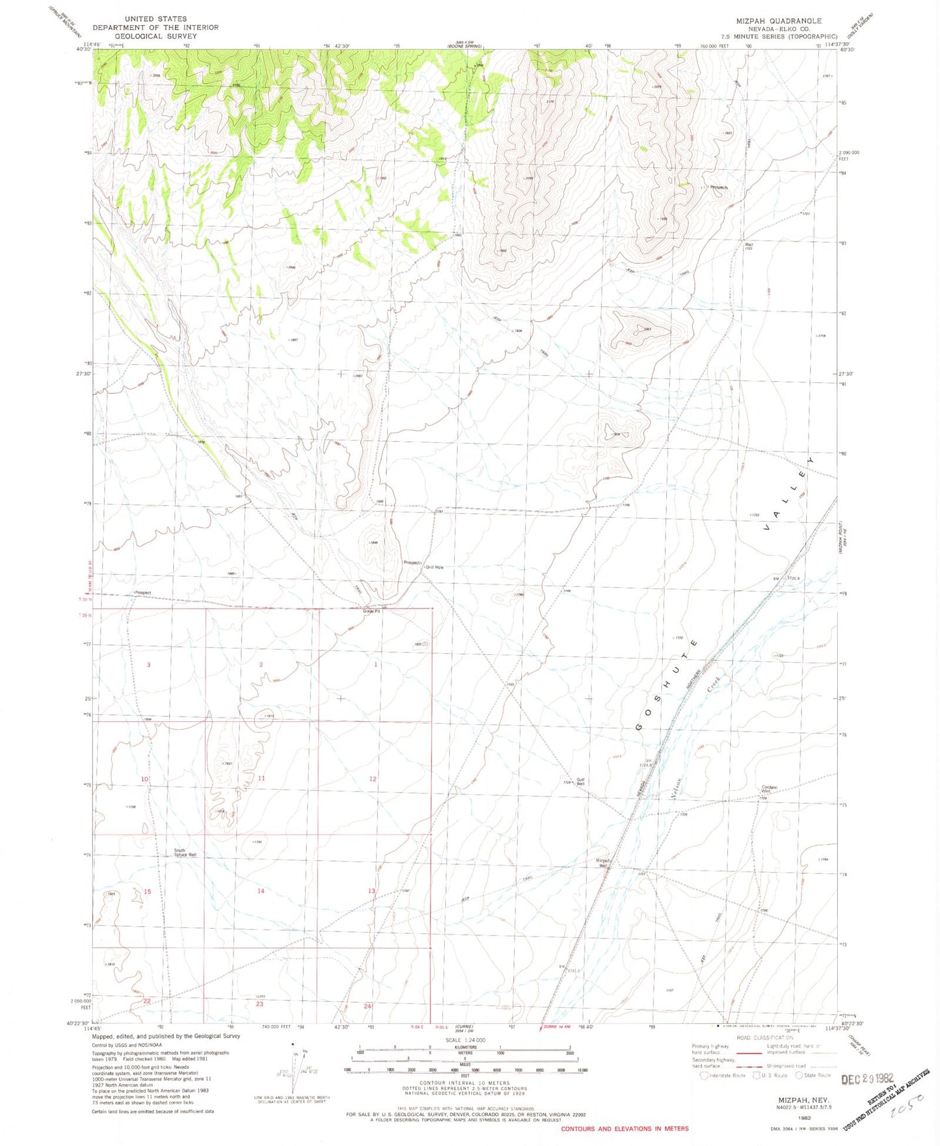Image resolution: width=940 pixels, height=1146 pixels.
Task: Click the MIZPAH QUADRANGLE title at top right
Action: (778, 21)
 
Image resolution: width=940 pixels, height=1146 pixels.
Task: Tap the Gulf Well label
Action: (580, 782)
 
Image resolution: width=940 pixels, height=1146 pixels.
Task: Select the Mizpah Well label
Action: (603, 863)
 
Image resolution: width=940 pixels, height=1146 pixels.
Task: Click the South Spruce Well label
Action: (185, 852)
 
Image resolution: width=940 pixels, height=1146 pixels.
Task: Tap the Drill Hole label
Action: (435, 567)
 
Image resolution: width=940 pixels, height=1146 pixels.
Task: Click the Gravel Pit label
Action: (371, 611)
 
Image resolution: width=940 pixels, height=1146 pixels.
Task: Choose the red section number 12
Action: (373, 779)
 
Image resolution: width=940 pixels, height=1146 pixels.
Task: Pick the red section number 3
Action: (148, 665)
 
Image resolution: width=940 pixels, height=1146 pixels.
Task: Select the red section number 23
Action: (259, 1004)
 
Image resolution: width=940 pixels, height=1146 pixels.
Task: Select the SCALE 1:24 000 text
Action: (465, 1040)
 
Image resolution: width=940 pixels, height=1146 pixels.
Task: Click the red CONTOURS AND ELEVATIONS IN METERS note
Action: (624, 1128)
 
